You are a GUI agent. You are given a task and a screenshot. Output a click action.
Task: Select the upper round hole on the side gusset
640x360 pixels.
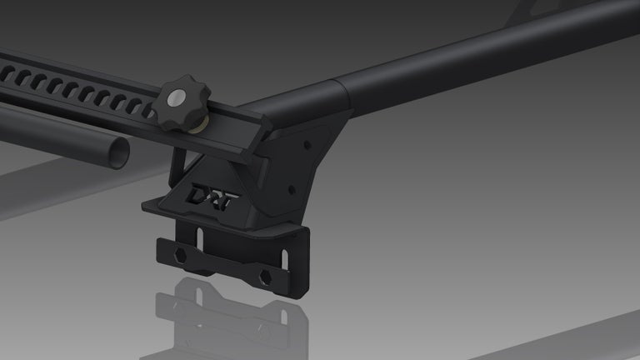(x=308, y=144)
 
